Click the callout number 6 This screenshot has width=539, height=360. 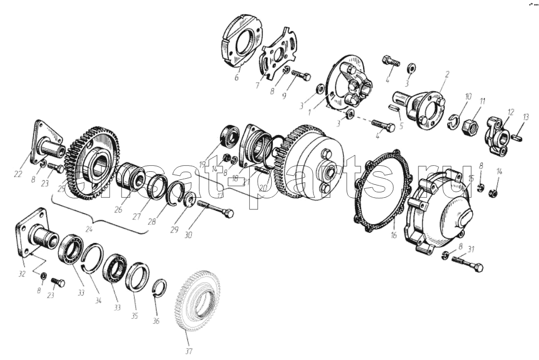236,78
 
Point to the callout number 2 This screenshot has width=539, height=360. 447,74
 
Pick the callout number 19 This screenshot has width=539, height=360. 202,164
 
